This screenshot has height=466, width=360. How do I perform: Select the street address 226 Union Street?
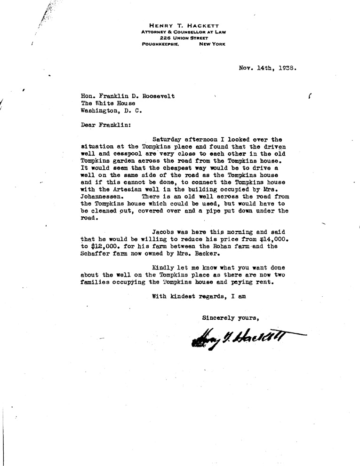[183, 37]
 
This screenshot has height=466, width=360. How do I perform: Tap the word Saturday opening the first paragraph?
[168, 139]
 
